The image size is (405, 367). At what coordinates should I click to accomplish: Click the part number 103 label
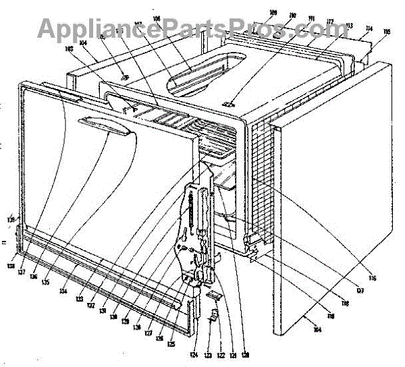click(69, 49)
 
